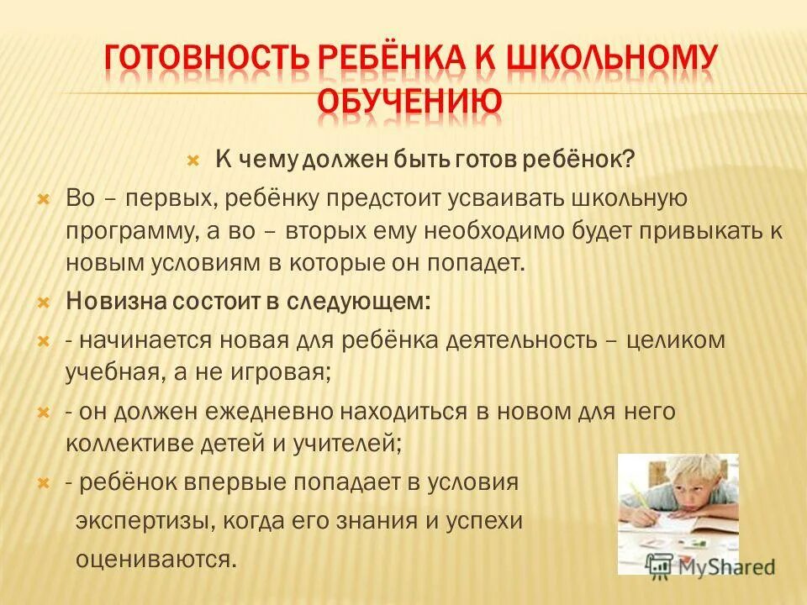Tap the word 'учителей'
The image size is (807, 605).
352,442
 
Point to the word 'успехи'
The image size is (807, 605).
482,520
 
